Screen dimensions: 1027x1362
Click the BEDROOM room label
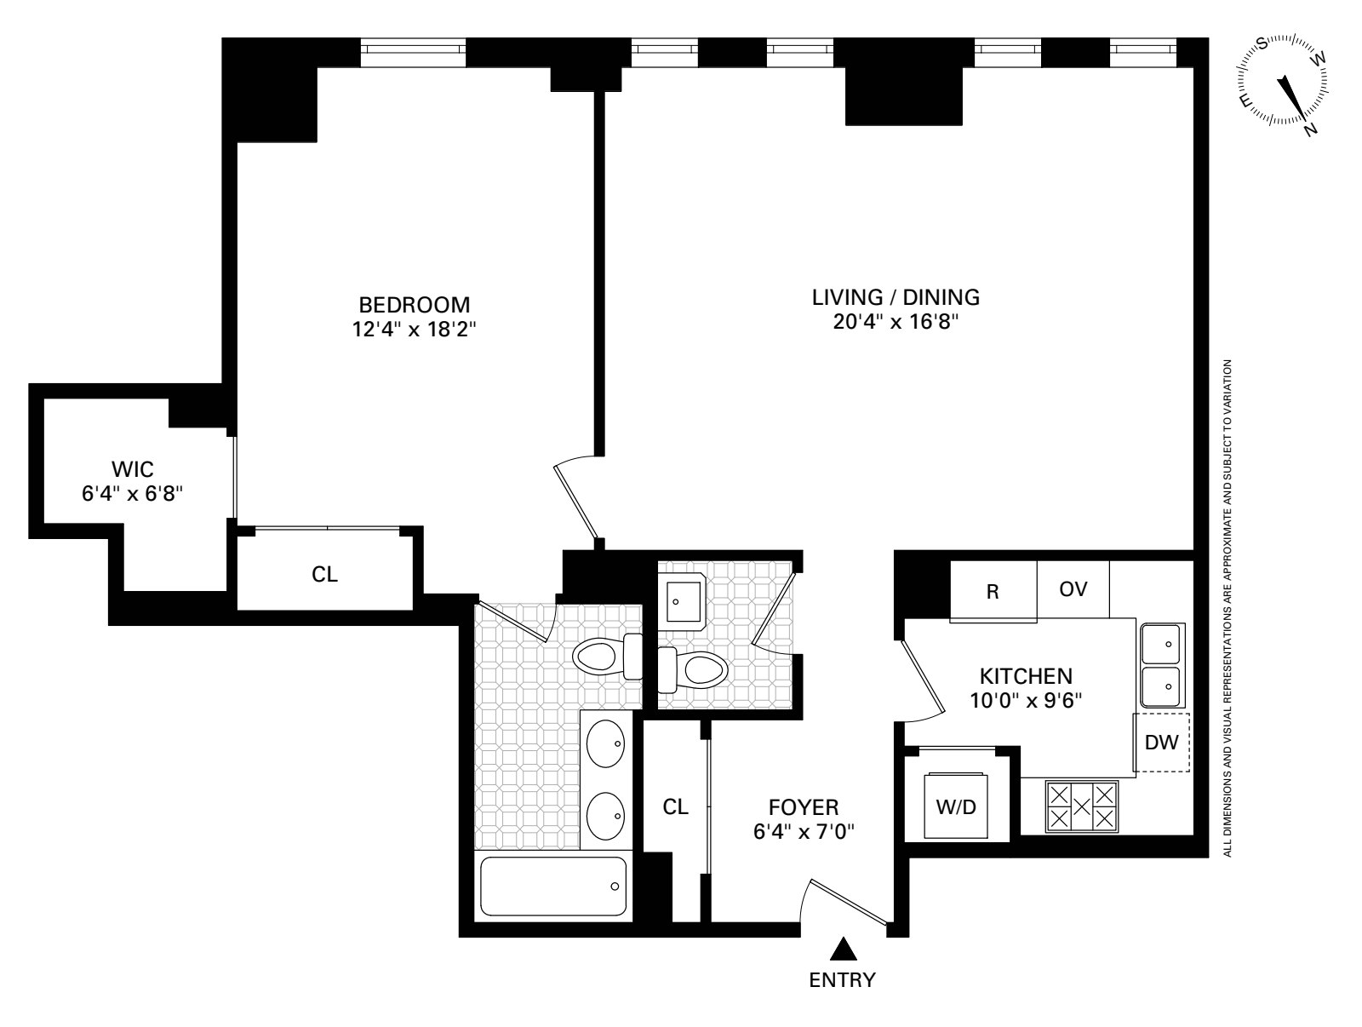(414, 305)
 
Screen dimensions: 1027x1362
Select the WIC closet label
(132, 468)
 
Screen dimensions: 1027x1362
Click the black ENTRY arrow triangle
(842, 948)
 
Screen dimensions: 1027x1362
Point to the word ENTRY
(842, 979)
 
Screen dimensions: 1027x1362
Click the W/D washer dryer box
(957, 806)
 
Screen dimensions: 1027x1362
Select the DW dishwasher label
(1161, 743)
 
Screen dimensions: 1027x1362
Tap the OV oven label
(1073, 589)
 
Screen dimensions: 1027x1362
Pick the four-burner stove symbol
(1081, 806)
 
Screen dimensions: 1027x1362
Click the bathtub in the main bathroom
(553, 886)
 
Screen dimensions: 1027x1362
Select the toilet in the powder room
(695, 669)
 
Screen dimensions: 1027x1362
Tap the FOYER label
(804, 806)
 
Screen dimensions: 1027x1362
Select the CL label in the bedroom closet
(324, 575)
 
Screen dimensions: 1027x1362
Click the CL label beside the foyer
(676, 806)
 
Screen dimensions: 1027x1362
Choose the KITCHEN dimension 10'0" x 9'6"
(1025, 700)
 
